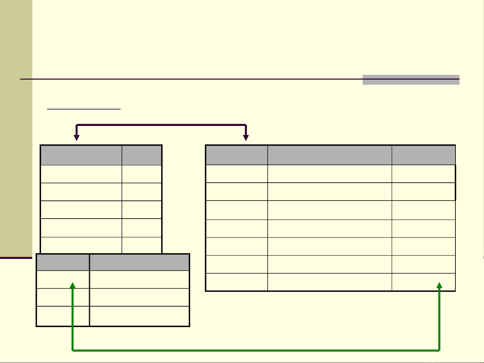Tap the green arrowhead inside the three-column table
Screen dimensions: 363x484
(439, 285)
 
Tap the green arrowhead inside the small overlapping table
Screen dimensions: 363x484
(73, 285)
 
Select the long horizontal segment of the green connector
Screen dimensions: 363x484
(255, 351)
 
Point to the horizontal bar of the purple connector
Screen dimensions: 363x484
(161, 125)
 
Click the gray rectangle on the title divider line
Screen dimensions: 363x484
(411, 80)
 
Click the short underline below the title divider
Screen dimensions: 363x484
(84, 109)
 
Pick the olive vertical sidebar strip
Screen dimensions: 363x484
(16, 128)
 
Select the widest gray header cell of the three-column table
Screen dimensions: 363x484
(329, 155)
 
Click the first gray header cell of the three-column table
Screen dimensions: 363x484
(236, 155)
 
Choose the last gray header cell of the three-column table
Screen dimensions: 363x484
(424, 155)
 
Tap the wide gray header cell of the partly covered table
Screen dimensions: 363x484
(81, 155)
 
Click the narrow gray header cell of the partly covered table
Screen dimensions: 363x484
(142, 155)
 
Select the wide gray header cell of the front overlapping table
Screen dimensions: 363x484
(139, 263)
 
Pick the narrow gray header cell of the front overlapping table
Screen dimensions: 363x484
(63, 263)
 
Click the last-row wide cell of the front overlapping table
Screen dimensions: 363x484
(139, 316)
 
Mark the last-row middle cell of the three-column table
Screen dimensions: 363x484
(329, 282)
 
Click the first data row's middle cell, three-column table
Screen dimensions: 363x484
(329, 174)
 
